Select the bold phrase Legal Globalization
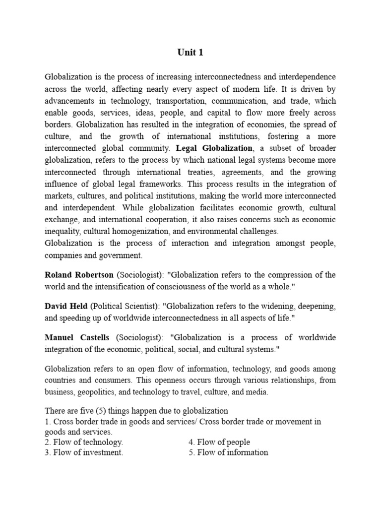(x=214, y=148)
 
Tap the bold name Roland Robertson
(x=79, y=275)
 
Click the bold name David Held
(x=66, y=306)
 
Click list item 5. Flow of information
(x=228, y=452)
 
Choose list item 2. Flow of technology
(x=84, y=442)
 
